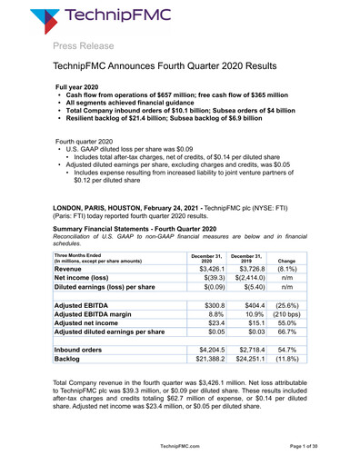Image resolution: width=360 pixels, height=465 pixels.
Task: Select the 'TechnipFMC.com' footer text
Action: click(x=179, y=447)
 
